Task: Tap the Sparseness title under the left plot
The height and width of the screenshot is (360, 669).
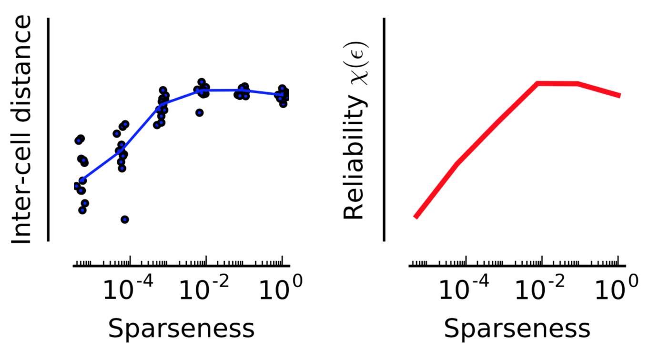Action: point(181,329)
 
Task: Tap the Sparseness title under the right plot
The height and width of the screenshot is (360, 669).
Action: point(517,329)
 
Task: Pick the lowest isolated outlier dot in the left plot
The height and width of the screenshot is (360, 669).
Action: point(124,220)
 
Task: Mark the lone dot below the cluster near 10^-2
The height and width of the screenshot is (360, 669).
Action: point(199,113)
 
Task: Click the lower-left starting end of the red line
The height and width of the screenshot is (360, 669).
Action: point(416,217)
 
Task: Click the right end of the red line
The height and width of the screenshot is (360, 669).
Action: point(620,96)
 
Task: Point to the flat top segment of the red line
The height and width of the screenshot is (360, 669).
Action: point(557,83)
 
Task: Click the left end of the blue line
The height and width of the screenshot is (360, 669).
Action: point(82,180)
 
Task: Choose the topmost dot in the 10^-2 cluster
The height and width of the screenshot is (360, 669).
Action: point(202,82)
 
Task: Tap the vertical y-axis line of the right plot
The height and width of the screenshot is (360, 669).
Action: point(384,129)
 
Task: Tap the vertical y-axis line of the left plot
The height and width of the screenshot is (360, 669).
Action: point(48,129)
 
